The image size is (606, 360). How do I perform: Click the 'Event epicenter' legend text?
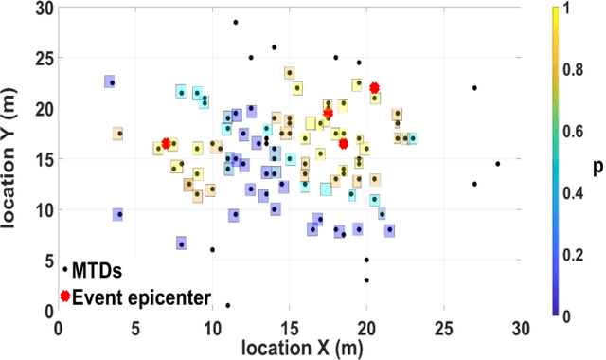pyautogui.click(x=142, y=297)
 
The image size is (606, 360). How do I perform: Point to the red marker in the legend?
pyautogui.click(x=64, y=297)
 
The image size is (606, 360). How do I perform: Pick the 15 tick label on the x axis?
pyautogui.click(x=290, y=327)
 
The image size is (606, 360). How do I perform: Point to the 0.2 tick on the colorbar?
pyautogui.click(x=564, y=254)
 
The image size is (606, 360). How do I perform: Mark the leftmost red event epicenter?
pyautogui.click(x=167, y=143)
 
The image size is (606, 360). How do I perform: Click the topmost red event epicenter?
pyautogui.click(x=374, y=87)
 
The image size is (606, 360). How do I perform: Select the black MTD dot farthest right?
pyautogui.click(x=497, y=164)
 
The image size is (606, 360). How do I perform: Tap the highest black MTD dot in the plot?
pyautogui.click(x=236, y=22)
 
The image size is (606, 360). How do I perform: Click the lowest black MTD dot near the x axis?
pyautogui.click(x=228, y=305)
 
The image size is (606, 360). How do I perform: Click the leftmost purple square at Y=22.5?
pyautogui.click(x=111, y=82)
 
